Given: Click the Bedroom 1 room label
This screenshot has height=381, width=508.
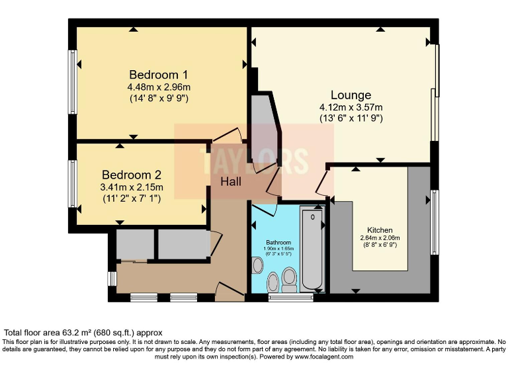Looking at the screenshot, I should click(159, 74).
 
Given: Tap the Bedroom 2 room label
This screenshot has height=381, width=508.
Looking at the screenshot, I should click(132, 175).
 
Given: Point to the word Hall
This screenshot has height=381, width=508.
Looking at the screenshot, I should click(231, 182).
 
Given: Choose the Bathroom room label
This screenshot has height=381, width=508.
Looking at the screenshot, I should click(278, 242).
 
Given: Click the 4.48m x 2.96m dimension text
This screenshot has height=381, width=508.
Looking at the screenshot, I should click(159, 87).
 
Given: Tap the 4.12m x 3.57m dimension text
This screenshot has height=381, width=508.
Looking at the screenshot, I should click(351, 107).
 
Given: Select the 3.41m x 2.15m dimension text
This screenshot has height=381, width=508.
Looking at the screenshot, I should click(132, 187).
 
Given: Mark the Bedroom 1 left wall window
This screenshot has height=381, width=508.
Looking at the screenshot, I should click(73, 79).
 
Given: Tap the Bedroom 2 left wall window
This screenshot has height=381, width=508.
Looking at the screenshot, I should click(73, 183).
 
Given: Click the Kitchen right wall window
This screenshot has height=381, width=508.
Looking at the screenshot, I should click(435, 222).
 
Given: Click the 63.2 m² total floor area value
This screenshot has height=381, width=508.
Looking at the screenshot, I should click(77, 332).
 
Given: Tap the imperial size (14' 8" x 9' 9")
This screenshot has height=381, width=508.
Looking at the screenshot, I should click(159, 99).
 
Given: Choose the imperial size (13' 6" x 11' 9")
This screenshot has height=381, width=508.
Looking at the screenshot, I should click(351, 119).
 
